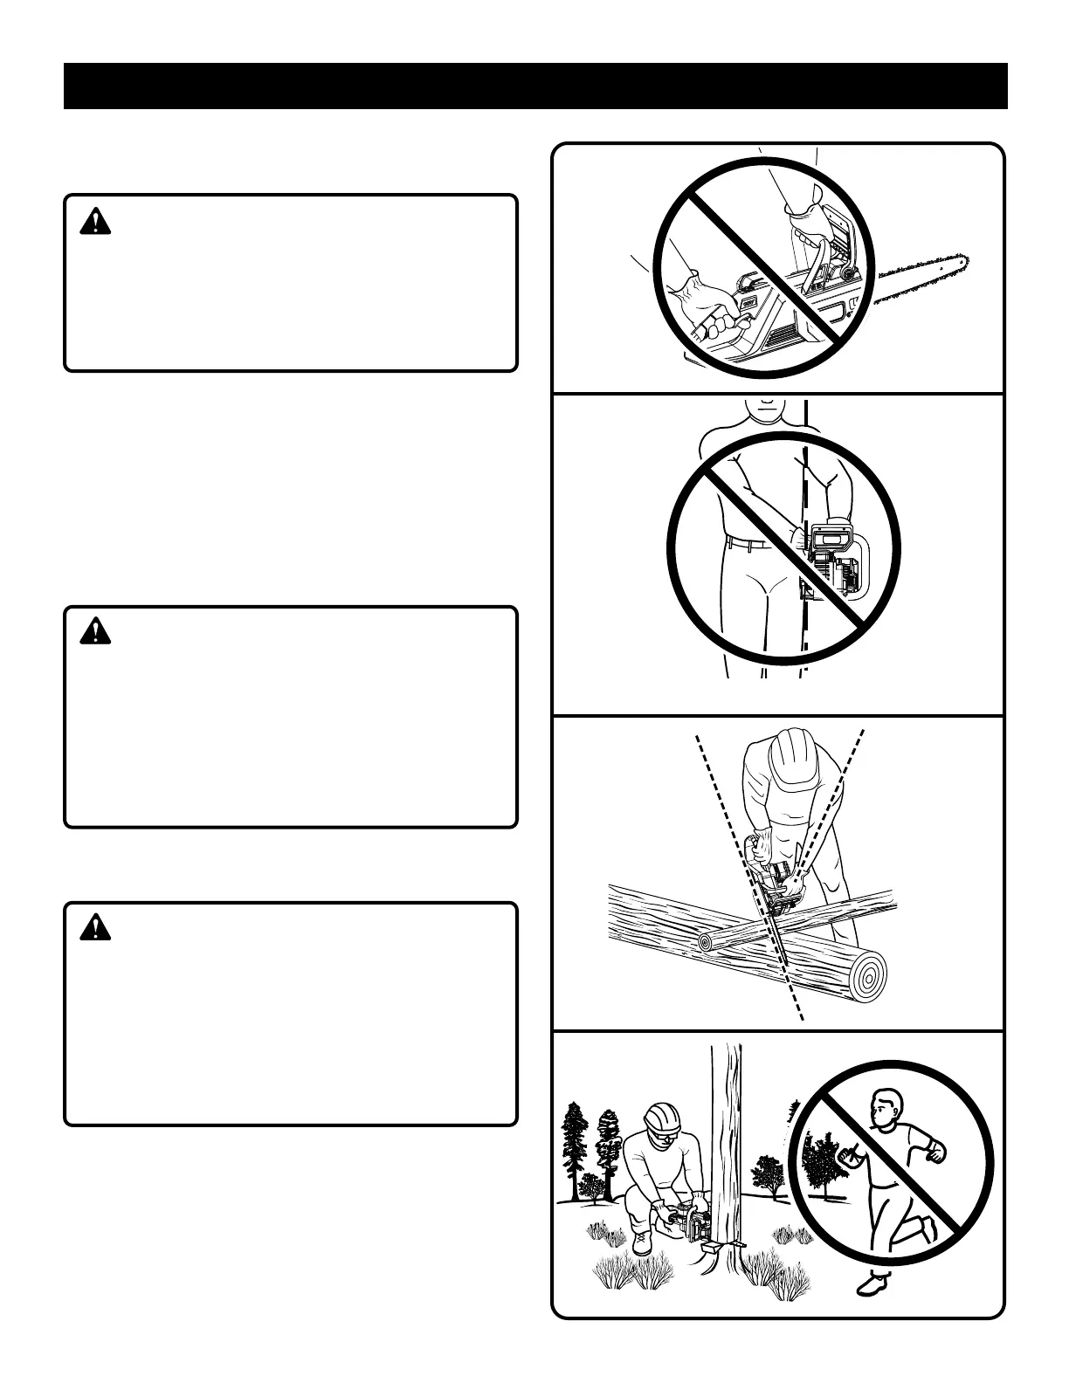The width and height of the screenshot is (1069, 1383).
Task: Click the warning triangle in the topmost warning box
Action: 95,223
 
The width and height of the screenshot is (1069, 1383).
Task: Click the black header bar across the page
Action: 534,86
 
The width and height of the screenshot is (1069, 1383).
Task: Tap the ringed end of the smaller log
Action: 705,943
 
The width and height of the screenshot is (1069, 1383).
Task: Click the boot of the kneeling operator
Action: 642,1241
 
